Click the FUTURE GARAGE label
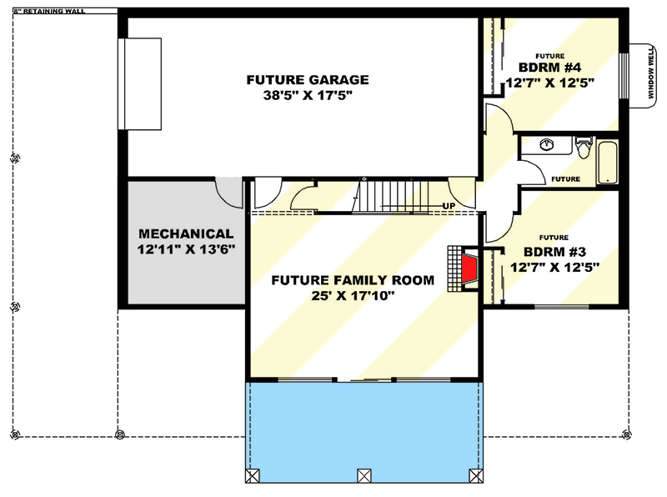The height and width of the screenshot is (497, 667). (x=307, y=80)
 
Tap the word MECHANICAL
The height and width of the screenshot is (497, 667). (x=186, y=233)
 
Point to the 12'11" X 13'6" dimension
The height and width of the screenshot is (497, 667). (x=186, y=249)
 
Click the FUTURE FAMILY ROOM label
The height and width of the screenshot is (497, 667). (x=353, y=280)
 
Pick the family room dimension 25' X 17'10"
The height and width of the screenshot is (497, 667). (x=353, y=295)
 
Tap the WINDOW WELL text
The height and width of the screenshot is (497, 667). (x=651, y=73)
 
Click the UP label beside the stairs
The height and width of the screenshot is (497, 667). (x=448, y=206)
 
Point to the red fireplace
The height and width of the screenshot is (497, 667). (x=469, y=269)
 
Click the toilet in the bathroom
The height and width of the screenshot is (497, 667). (x=583, y=147)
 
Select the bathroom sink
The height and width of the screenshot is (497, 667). (x=547, y=144)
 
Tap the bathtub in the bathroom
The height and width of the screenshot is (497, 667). (x=608, y=162)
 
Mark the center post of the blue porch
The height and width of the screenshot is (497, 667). (x=363, y=475)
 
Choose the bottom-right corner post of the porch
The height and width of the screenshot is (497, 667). (x=476, y=475)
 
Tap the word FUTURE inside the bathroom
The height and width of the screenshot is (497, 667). (x=565, y=178)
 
